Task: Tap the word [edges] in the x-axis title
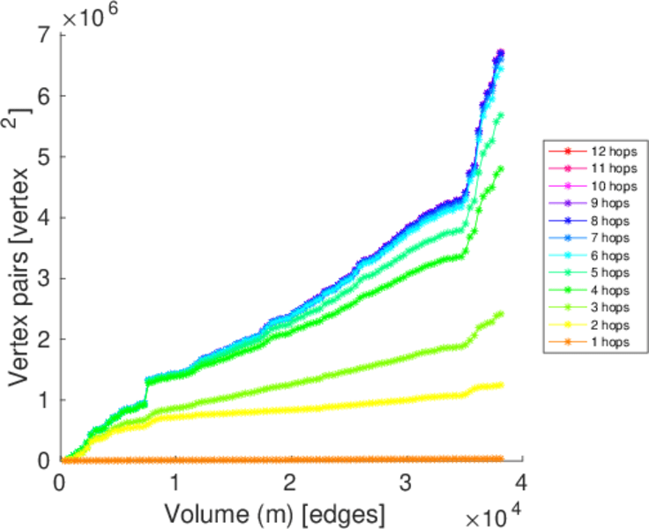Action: [x=340, y=512]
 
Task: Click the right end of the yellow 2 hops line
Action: [x=501, y=384]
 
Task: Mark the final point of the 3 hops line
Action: [x=501, y=314]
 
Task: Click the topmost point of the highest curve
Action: [x=501, y=53]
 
